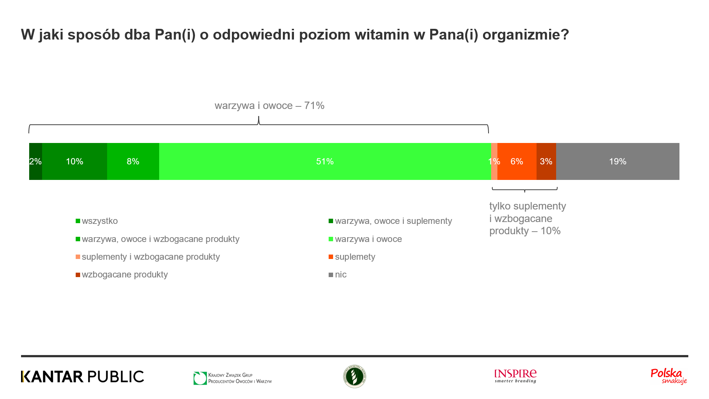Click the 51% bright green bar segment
tap(325, 161)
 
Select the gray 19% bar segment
tap(617, 161)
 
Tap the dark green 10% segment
tap(75, 161)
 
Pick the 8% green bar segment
tap(133, 161)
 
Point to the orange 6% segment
tap(517, 161)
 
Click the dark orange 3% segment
tap(546, 161)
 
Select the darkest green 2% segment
tap(35, 161)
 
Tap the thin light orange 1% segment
tap(494, 161)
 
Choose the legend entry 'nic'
tap(340, 274)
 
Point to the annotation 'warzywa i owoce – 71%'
tap(270, 106)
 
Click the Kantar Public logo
tap(82, 376)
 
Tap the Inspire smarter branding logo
tap(516, 376)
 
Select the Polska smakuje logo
tap(669, 376)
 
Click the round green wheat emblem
tap(354, 376)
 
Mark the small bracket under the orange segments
tap(524, 190)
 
